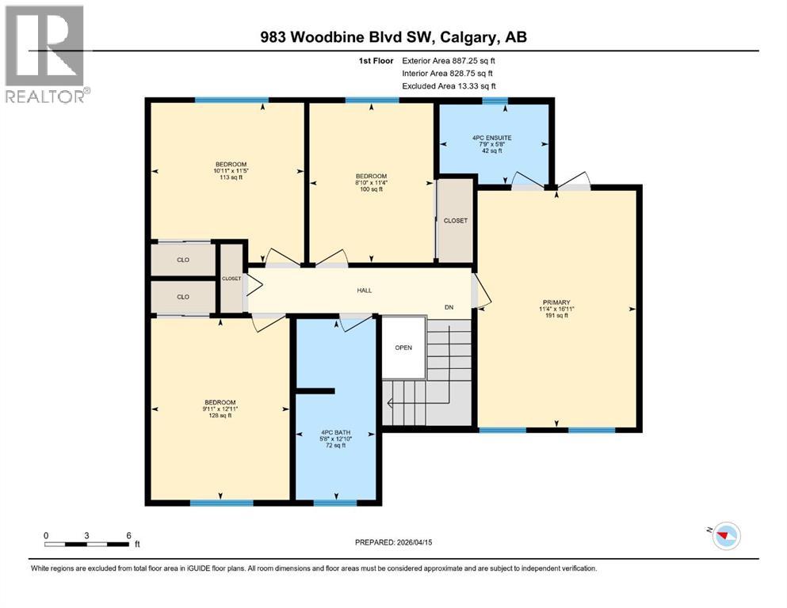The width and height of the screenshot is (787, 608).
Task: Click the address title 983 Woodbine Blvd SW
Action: [393, 37]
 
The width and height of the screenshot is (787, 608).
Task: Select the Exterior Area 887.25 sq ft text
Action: [451, 60]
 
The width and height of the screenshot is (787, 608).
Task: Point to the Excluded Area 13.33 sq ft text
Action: [450, 85]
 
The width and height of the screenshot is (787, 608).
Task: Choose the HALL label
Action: [364, 291]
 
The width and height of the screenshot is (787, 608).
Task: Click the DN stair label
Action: [449, 308]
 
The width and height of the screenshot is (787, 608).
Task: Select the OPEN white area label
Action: [403, 348]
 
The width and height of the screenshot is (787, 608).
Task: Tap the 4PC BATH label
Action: [336, 438]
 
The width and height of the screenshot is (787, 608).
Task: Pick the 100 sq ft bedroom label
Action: [371, 182]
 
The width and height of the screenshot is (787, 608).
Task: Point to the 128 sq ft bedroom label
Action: [220, 408]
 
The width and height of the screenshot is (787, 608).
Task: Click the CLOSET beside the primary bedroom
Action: [455, 221]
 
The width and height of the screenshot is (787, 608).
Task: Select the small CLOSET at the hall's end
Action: [231, 279]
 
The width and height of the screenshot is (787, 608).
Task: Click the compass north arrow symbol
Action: [724, 536]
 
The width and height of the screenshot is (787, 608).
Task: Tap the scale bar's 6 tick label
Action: [128, 535]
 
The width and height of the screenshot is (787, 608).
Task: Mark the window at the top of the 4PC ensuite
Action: [495, 101]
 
